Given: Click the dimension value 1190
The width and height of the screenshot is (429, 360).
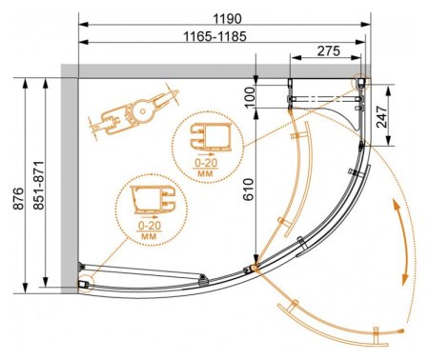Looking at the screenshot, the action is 227,19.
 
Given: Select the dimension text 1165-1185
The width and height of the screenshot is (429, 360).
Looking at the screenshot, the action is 215,36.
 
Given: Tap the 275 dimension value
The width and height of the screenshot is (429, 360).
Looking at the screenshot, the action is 329,50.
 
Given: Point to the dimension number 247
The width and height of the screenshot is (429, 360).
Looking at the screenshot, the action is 381,116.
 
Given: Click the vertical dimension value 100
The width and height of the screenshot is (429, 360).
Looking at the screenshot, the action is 250,96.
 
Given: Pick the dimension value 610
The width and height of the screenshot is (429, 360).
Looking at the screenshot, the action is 249,190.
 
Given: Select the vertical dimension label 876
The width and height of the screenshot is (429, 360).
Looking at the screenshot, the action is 19,199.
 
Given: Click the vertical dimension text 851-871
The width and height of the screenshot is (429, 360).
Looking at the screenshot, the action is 39,186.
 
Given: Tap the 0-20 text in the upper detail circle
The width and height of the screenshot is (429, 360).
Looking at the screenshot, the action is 206,163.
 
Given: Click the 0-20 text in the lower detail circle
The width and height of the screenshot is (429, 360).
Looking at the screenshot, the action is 150,226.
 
